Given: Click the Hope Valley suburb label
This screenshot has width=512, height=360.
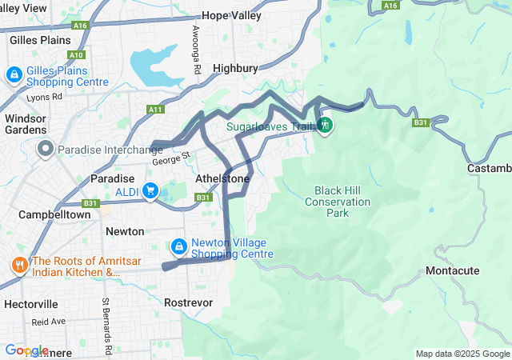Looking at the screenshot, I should tap(231, 15).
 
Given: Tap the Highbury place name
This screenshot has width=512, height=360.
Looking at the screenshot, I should tap(235, 69).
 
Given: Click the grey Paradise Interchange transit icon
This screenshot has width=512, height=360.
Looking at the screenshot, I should tap(46, 149).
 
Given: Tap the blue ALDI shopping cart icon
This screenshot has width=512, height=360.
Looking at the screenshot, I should tap(150, 190).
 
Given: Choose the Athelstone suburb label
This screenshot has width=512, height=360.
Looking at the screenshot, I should tap(222, 179).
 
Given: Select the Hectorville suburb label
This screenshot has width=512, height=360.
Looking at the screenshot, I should tap(31, 304).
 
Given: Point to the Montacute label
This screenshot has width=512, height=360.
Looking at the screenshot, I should tap(453, 271).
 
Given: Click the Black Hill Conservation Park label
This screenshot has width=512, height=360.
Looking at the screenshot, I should tap(338, 202).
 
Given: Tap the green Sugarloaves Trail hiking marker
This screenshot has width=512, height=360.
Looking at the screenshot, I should tap(325, 126).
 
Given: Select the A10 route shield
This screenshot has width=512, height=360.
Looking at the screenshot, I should tap(76, 55).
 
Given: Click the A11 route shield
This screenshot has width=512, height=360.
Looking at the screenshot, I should tap(154, 110).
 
